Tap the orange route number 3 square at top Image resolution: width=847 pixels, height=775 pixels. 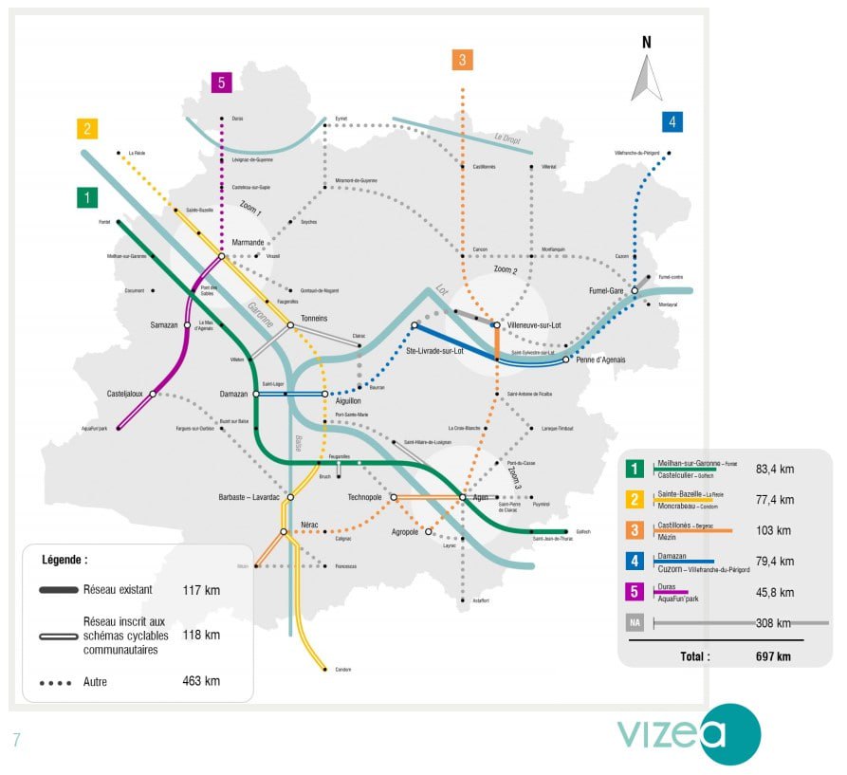click(462, 60)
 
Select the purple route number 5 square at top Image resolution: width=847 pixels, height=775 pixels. click(221, 83)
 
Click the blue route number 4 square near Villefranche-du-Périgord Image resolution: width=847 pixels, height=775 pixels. click(672, 121)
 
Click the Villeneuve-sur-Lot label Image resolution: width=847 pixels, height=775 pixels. click(535, 324)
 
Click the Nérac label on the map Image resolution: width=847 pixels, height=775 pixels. click(309, 525)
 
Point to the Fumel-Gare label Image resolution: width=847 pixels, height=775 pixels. click(604, 291)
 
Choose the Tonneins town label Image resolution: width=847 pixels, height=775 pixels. click(314, 318)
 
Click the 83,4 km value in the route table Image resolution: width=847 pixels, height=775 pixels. click(776, 469)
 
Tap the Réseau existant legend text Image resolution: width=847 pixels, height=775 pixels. click(118, 589)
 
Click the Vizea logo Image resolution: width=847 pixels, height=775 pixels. click(689, 733)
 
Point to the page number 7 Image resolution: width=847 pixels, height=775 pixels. click(16, 740)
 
